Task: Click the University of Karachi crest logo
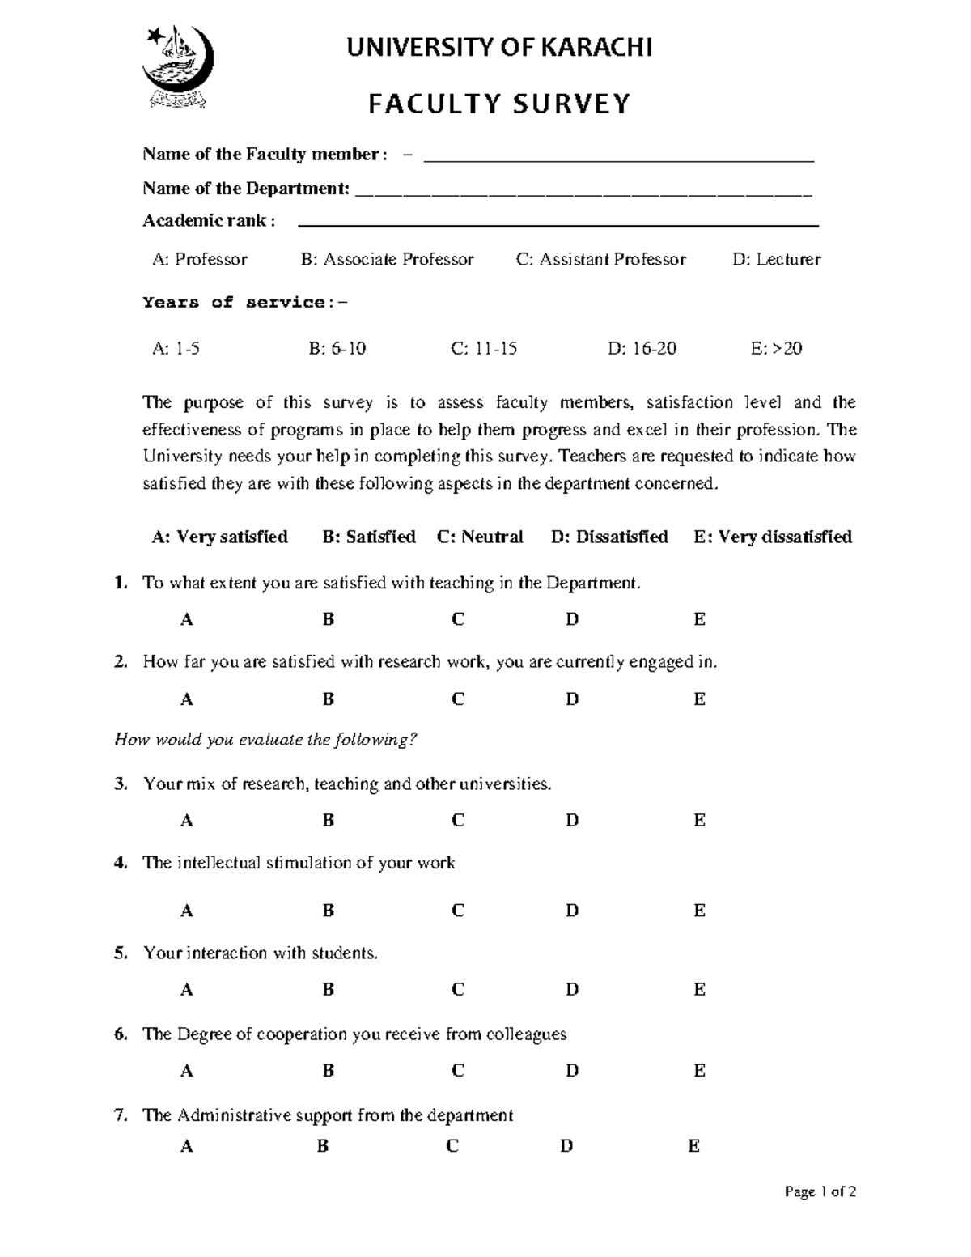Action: (178, 66)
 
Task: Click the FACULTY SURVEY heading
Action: (499, 104)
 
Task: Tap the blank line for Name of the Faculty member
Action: (618, 159)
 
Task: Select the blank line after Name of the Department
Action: (583, 193)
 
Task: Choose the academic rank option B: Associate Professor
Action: (387, 260)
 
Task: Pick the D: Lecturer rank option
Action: (776, 260)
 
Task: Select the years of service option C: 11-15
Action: (484, 349)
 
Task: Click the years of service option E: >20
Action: (776, 349)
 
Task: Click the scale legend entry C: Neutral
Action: (480, 537)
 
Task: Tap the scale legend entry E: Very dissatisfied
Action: (772, 537)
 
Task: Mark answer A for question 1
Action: (187, 620)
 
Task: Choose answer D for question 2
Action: (572, 699)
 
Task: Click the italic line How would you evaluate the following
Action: (266, 740)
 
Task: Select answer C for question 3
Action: (458, 821)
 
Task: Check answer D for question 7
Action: (566, 1146)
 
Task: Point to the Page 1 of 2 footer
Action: (820, 1191)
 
